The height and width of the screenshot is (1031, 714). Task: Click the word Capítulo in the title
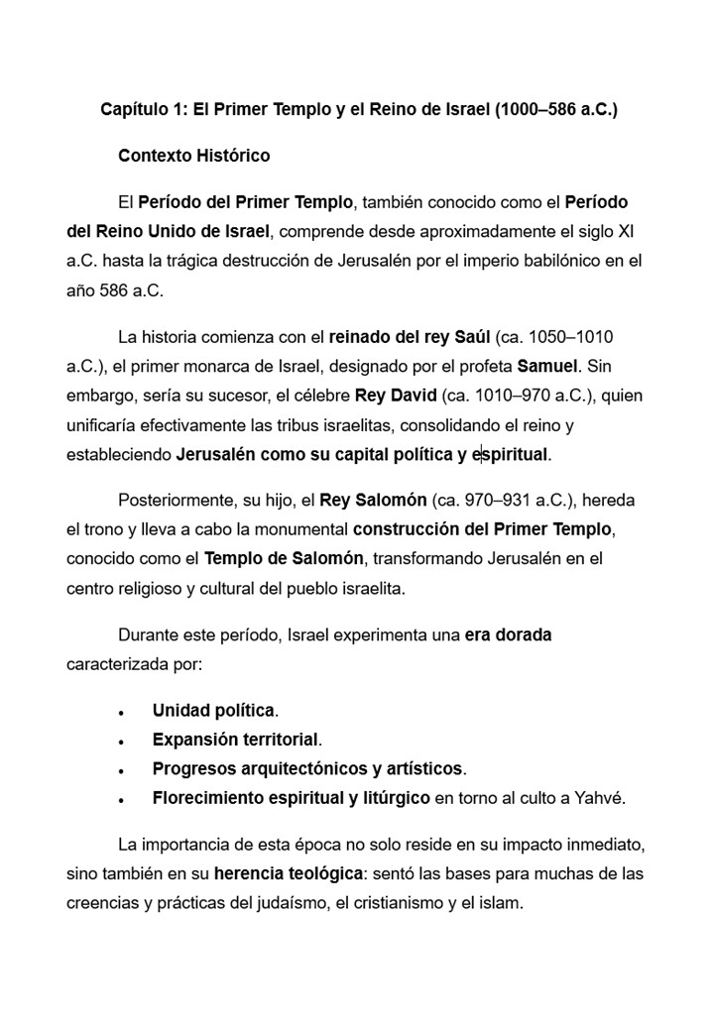point(134,109)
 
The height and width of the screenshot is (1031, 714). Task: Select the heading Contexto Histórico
point(193,156)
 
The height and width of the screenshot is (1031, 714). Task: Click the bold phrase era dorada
point(508,634)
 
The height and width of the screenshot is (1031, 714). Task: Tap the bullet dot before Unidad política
point(121,713)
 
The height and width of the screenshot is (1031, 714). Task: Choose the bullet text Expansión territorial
point(235,740)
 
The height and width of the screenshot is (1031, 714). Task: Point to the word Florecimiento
point(207,797)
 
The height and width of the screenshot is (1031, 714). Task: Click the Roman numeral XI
point(626,232)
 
